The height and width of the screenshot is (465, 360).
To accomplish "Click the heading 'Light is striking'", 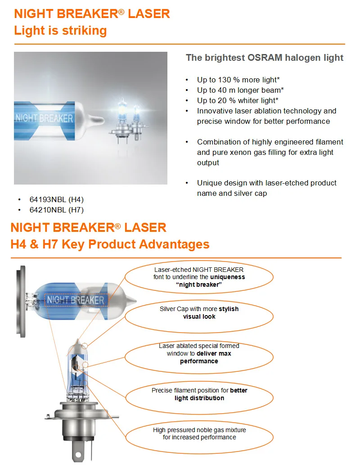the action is point(60,31).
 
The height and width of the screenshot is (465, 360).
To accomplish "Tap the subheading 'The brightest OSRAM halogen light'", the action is point(265,58).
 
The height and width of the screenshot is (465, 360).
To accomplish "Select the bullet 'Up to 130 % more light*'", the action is point(238,80).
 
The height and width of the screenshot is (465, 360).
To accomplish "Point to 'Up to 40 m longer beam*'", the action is point(240,90).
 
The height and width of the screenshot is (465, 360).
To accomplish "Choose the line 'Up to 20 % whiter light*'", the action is point(238,100).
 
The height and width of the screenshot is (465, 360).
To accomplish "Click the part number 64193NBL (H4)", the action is point(57,199).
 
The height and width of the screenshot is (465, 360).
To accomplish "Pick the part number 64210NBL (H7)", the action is point(57,210).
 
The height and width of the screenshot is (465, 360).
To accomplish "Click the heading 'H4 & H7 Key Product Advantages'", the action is point(110,244).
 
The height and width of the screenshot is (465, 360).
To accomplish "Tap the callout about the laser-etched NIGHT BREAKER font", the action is point(199,277).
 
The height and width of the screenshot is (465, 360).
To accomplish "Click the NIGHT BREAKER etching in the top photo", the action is point(45,119).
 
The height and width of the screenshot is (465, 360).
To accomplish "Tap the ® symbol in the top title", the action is point(121,12).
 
